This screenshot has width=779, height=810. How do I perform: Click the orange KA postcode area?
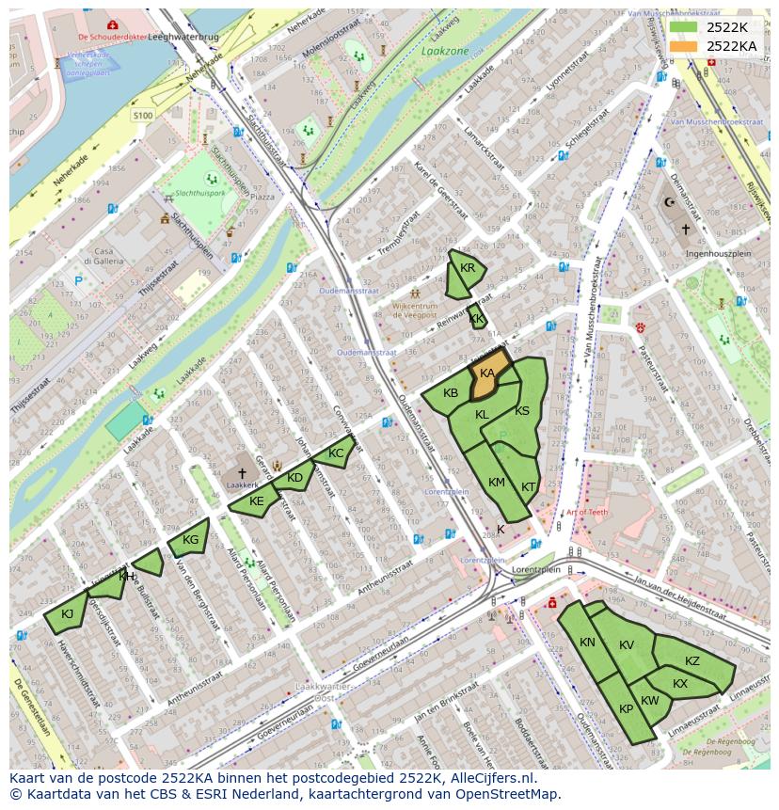[x=488, y=374]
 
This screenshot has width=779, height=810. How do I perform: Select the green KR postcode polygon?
[x=465, y=272]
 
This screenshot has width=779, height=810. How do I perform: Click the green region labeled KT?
[x=527, y=484]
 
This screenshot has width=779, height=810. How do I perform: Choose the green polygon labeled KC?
[x=335, y=453]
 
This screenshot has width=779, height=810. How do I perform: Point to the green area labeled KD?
[x=295, y=477]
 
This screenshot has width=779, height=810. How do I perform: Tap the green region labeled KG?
[x=189, y=539]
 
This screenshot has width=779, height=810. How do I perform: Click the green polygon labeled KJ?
[x=67, y=613]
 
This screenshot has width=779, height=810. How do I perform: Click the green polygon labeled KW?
[x=649, y=701]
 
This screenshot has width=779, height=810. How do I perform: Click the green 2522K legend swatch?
[x=684, y=27]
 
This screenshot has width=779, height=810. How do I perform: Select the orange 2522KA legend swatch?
[x=684, y=46]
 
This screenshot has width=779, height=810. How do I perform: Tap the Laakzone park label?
[x=445, y=52]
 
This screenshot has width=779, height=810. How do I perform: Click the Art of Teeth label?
[x=588, y=513]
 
